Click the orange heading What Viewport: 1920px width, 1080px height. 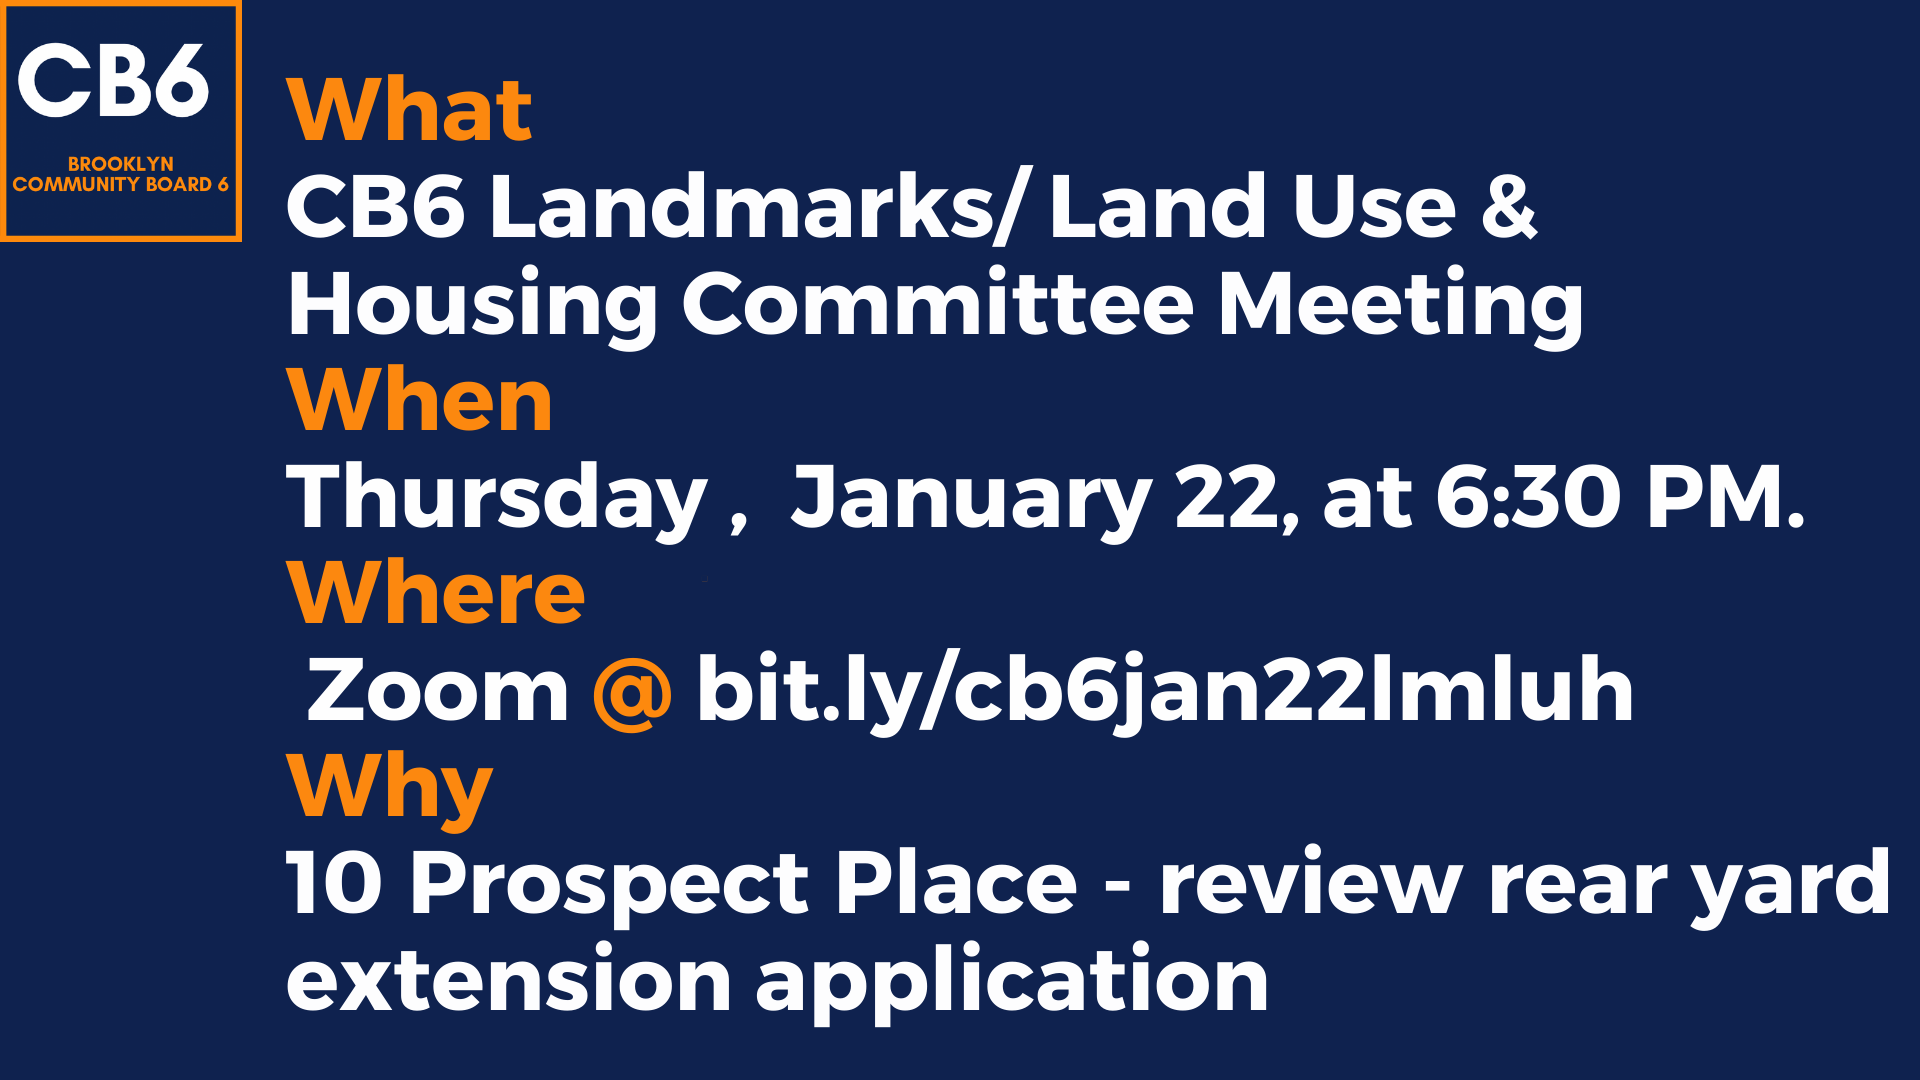pos(409,110)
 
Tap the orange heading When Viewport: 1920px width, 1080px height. pos(419,400)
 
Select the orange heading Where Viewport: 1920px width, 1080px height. pos(435,593)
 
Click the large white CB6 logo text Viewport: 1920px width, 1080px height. pos(113,80)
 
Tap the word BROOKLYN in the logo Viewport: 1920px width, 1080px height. pos(121,163)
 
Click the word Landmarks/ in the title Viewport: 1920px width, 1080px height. pos(756,207)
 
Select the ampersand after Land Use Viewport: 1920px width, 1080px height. pos(1509,207)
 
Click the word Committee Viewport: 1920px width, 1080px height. pos(937,304)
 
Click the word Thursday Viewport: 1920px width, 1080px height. pos(497,499)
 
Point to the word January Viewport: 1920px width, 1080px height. pos(971,499)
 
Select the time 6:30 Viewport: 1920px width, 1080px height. pos(1528,497)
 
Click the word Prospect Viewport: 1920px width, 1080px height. pos(609,885)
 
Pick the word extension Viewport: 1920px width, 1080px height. pos(509,980)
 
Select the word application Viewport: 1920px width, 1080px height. pos(1012,982)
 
